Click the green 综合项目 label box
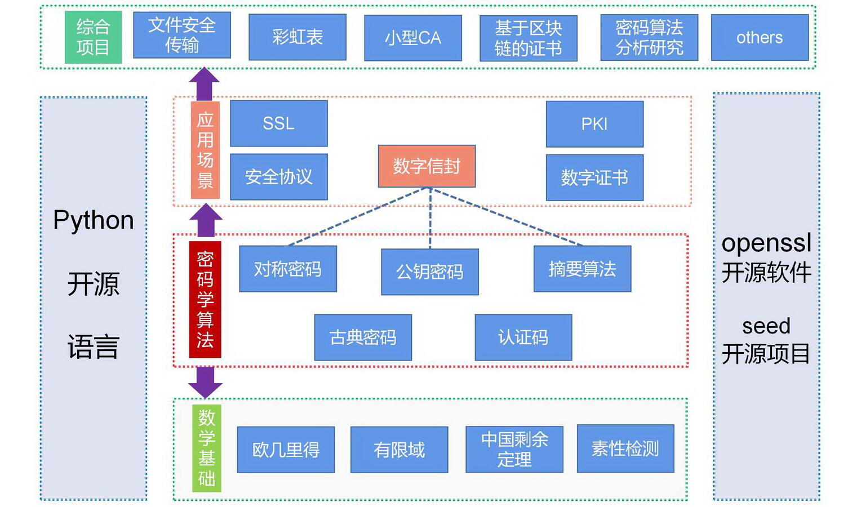tap(93, 37)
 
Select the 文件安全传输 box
tap(181, 35)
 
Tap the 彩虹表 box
tap(297, 37)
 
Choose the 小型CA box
tap(412, 38)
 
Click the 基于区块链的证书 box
tap(528, 38)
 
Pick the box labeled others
tap(759, 38)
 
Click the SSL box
tap(278, 123)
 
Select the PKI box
tap(594, 124)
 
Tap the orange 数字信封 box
tap(427, 166)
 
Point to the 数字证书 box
tap(594, 177)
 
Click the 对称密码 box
tap(287, 269)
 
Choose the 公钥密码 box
tap(429, 272)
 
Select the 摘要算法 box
tap(581, 269)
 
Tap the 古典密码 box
tap(362, 337)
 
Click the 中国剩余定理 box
tap(514, 449)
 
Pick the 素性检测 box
tap(625, 448)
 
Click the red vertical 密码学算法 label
tap(205, 299)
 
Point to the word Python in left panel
tap(94, 220)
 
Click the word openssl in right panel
tap(766, 243)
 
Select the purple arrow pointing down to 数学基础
tap(205, 383)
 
